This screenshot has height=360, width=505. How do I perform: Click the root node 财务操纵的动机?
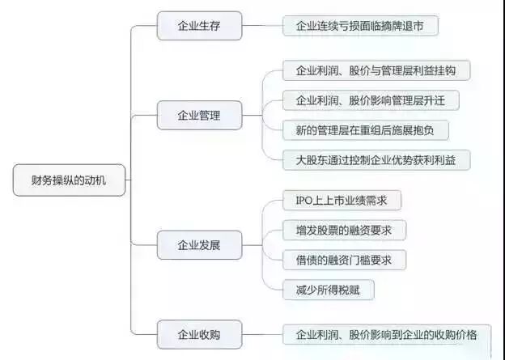click(70, 180)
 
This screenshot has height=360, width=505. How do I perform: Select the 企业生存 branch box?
click(198, 26)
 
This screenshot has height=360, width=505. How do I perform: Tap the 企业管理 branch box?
click(198, 115)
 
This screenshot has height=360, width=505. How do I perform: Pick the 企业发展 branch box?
click(198, 243)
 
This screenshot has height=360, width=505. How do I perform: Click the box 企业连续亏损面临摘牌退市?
click(361, 26)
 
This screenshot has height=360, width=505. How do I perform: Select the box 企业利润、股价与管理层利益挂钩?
click(376, 70)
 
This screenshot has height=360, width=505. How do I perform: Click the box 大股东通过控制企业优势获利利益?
click(376, 159)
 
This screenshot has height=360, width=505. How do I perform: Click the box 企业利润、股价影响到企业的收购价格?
click(386, 333)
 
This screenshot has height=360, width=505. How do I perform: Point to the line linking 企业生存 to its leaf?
click(262, 26)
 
